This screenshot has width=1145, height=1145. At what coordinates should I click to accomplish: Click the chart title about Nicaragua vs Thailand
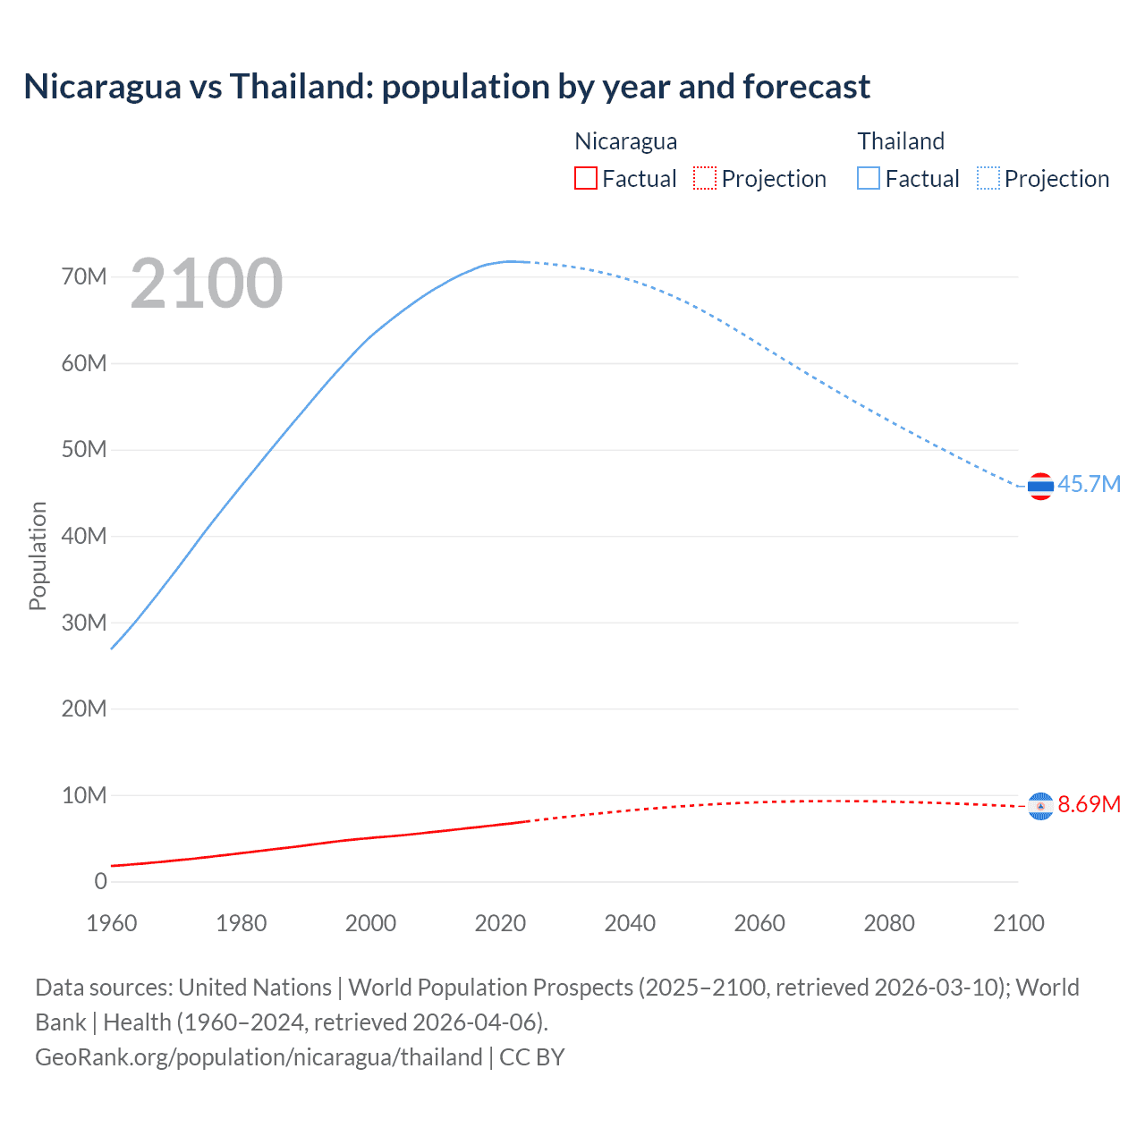point(446,87)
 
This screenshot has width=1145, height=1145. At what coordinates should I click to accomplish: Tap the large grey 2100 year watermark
point(207,284)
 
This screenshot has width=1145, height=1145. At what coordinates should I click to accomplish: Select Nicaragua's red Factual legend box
point(585,179)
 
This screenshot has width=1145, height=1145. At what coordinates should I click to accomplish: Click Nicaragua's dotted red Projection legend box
point(705,179)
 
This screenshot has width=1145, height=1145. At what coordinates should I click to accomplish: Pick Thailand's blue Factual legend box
point(868,179)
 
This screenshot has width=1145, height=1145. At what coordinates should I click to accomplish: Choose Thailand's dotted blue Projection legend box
point(988,179)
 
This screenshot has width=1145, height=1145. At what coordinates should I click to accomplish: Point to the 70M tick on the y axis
point(84,276)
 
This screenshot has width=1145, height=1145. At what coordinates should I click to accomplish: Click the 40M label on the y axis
point(84,536)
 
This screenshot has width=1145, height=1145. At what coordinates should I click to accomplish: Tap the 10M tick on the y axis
point(84,795)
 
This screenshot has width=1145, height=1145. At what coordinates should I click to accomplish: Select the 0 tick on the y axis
point(100,881)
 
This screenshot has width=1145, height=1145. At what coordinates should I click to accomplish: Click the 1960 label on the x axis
point(112,923)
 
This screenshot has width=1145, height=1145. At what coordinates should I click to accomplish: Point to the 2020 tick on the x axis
point(500,923)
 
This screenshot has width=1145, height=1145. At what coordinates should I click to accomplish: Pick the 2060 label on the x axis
point(759,923)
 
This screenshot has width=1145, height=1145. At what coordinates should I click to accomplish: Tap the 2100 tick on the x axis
point(1018,923)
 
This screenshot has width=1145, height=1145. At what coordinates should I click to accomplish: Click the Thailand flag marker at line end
point(1040,487)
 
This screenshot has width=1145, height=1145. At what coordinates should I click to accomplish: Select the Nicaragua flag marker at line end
point(1040,807)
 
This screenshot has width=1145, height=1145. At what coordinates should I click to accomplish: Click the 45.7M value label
point(1089,484)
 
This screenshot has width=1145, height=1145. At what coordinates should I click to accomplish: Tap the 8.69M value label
point(1089,804)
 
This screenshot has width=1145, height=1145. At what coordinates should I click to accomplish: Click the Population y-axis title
point(38,556)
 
